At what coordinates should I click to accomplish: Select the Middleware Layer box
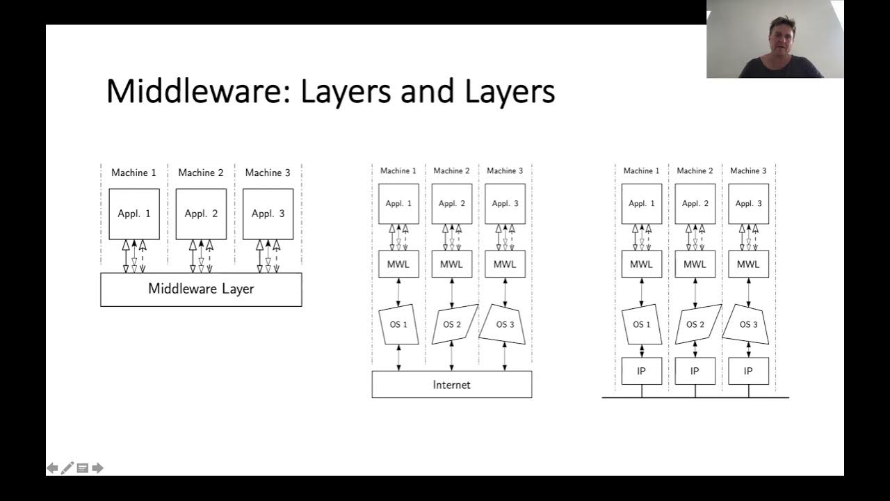coord(201,289)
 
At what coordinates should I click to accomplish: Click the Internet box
coord(451,384)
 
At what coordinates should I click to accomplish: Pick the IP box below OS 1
coord(641,371)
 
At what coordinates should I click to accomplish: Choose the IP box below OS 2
coord(695,371)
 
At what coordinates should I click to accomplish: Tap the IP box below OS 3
coord(748,371)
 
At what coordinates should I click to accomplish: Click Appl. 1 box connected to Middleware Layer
coord(134,214)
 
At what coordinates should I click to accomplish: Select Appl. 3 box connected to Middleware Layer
coord(268,214)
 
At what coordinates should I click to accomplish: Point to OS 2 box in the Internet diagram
coord(453,324)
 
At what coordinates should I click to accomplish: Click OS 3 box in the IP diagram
coord(747,324)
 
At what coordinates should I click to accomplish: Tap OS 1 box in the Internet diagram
coord(398,324)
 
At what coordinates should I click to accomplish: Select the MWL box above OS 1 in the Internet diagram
coord(398,264)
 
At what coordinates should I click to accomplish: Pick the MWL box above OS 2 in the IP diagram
coord(695,264)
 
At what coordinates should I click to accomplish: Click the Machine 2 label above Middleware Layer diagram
coord(201,173)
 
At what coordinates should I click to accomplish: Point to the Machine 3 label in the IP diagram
coord(748,170)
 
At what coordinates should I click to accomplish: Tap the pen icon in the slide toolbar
coord(67,468)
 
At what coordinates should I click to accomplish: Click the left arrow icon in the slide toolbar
coord(52,468)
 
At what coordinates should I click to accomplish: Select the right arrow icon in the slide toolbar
coord(97,468)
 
